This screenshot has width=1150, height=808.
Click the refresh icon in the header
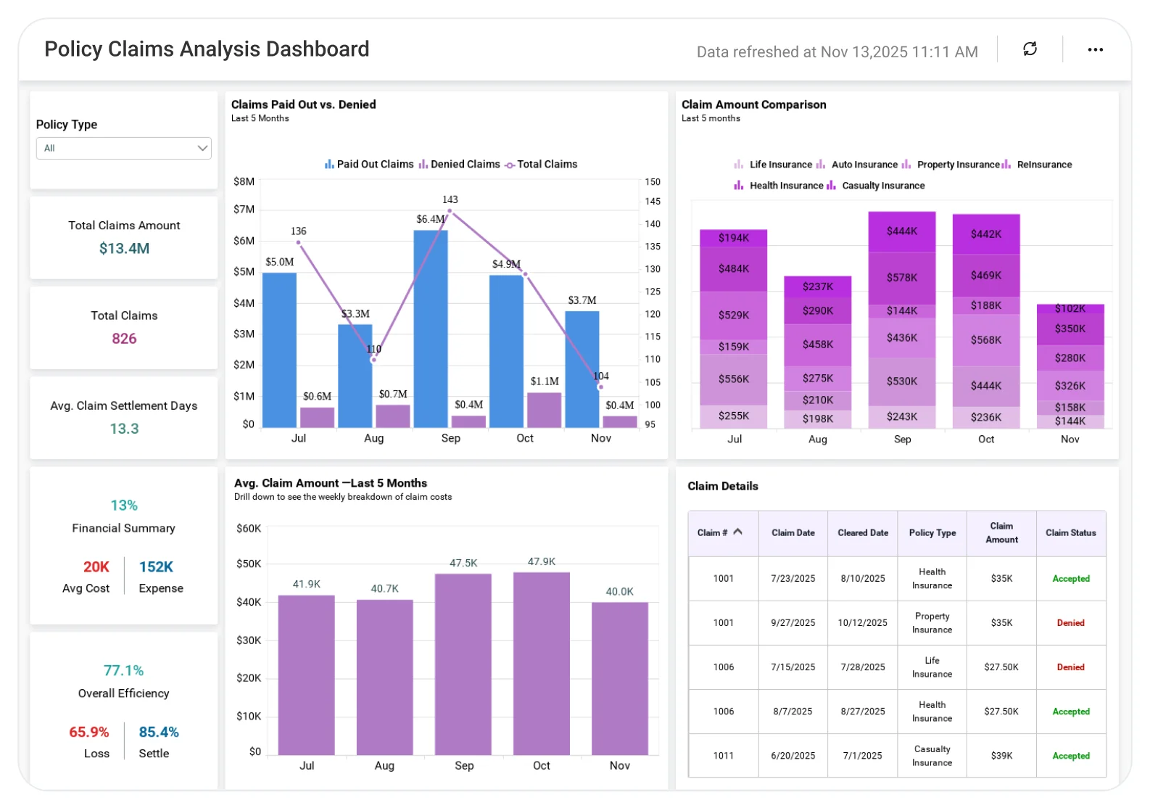[x=1030, y=49]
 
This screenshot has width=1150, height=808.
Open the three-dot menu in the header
[x=1095, y=49]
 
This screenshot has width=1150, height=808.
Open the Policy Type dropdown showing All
[x=124, y=148]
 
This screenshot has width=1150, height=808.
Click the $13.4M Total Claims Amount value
[x=124, y=248]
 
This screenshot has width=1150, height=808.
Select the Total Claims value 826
[x=124, y=338]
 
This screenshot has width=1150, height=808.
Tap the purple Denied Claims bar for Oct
[x=544, y=410]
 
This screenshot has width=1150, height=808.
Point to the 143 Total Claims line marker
[x=450, y=211]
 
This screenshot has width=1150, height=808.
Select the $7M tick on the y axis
[x=244, y=210]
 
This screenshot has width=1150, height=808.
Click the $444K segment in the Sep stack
[x=902, y=231]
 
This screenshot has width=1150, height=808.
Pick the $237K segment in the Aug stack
[x=817, y=286]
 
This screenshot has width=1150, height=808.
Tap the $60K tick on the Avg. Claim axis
[x=249, y=529]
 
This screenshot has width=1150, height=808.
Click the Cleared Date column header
[x=863, y=533]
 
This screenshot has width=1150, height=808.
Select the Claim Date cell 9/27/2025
[x=793, y=623]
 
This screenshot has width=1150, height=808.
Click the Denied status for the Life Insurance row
[x=1070, y=667]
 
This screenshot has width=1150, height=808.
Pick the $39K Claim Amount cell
[x=1001, y=756]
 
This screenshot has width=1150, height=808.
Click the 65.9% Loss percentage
[x=88, y=732]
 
